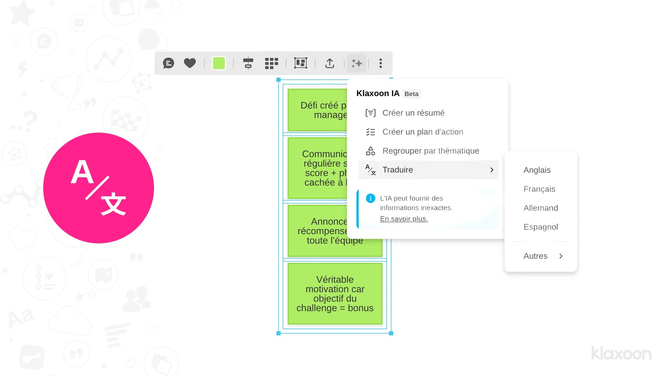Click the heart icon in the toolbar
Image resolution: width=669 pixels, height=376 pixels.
click(x=190, y=63)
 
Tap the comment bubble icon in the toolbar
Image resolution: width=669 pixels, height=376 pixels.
click(x=169, y=63)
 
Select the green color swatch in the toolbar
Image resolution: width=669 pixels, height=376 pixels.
click(x=219, y=63)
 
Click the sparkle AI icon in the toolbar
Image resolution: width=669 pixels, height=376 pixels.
click(x=356, y=63)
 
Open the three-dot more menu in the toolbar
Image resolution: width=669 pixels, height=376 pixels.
click(x=380, y=63)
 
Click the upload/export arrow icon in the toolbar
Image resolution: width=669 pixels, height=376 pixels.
click(x=330, y=63)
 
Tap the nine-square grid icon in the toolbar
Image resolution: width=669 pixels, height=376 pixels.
click(x=271, y=63)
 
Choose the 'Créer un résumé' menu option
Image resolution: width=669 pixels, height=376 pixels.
click(x=413, y=113)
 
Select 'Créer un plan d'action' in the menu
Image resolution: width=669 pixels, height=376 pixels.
click(x=423, y=132)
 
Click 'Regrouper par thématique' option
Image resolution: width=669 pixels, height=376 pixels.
click(x=431, y=151)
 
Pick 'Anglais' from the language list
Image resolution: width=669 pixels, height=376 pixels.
click(x=537, y=170)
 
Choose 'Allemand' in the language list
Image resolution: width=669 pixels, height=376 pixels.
click(x=540, y=208)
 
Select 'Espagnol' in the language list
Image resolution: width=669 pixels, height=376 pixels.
click(x=540, y=227)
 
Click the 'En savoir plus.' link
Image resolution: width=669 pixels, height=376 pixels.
click(x=404, y=219)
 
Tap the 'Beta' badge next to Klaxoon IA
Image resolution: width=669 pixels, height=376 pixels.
click(x=412, y=94)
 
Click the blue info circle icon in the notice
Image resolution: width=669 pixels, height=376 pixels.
click(x=370, y=198)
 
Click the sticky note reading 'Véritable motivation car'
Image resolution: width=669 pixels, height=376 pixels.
click(x=335, y=294)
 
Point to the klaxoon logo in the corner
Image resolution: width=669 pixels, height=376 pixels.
click(x=621, y=353)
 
